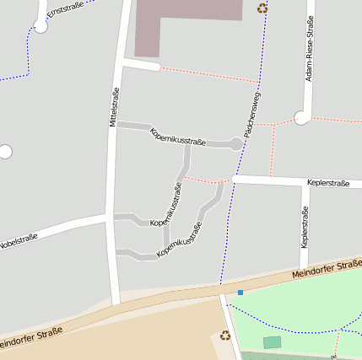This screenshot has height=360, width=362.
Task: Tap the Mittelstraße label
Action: tap(115, 107)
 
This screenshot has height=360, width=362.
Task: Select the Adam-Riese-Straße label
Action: tap(310, 51)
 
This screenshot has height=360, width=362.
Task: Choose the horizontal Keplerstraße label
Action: tap(328, 182)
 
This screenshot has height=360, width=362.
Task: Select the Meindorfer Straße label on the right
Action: tap(327, 271)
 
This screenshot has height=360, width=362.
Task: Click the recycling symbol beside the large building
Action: tap(262, 8)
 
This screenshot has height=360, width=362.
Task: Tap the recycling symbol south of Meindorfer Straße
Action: tap(225, 336)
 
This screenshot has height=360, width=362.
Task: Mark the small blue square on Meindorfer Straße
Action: tap(240, 293)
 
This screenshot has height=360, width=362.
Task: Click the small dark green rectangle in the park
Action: tap(272, 342)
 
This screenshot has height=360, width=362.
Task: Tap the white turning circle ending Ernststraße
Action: tap(41, 26)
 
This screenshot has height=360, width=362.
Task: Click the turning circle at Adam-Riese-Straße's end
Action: tap(301, 118)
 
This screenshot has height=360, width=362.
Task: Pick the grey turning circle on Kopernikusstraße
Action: tap(236, 144)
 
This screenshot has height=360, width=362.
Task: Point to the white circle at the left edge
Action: tap(5, 152)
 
